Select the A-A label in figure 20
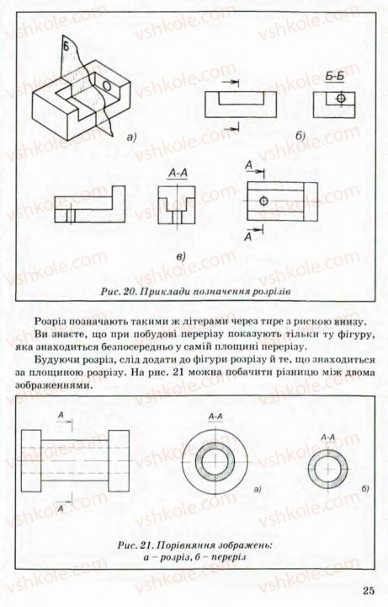tap(178, 175)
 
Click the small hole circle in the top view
tap(264, 201)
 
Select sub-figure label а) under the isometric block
tap(130, 136)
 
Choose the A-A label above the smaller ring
tap(328, 437)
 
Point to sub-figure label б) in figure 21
tap(364, 488)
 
